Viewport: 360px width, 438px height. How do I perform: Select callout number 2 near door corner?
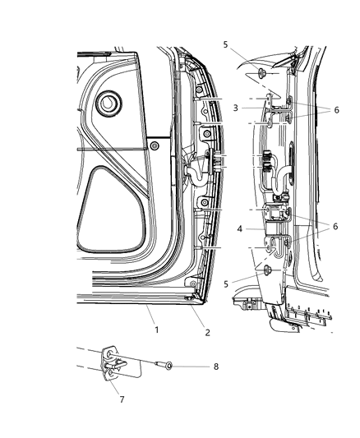pos(208,332)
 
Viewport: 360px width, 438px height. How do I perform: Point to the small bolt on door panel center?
pos(155,145)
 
